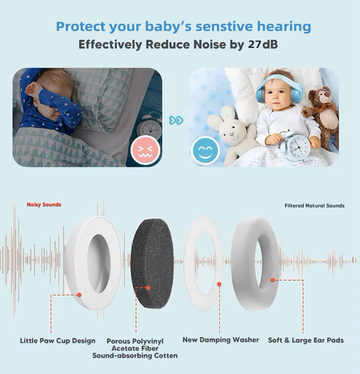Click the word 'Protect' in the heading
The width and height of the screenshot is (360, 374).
(81, 26)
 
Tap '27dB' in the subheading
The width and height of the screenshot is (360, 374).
(263, 45)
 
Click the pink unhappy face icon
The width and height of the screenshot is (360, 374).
(145, 150)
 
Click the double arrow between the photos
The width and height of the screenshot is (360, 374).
(176, 120)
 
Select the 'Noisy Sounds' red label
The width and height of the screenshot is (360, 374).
(44, 205)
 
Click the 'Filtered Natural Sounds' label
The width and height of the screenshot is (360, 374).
(314, 206)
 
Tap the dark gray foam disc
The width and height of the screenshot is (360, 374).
(153, 264)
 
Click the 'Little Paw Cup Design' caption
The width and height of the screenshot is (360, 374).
(58, 340)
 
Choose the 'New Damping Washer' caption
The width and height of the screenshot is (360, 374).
(221, 339)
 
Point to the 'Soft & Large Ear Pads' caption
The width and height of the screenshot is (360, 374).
(306, 340)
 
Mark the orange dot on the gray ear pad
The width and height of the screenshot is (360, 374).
(273, 280)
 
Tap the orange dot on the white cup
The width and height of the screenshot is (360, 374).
(79, 295)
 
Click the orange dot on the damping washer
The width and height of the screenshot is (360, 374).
(219, 284)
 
